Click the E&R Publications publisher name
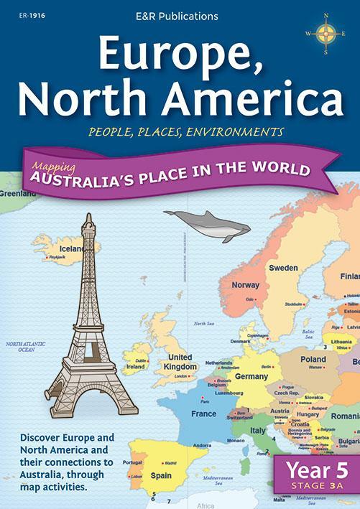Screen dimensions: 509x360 click(180, 14)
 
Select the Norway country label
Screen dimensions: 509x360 click(245, 285)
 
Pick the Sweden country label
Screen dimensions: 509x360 click(283, 267)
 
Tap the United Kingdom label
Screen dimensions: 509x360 click(180, 362)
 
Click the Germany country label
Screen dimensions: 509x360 click(251, 376)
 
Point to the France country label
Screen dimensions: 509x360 click(204, 414)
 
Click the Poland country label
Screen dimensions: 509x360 click(313, 359)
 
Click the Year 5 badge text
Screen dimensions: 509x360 click(311, 470)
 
